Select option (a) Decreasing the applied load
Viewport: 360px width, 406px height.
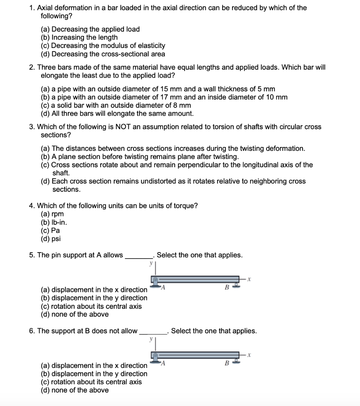(90, 29)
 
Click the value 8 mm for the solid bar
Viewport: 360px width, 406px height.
(182, 105)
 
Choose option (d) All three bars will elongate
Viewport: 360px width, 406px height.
(117, 114)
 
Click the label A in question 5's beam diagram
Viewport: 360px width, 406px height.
(162, 288)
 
